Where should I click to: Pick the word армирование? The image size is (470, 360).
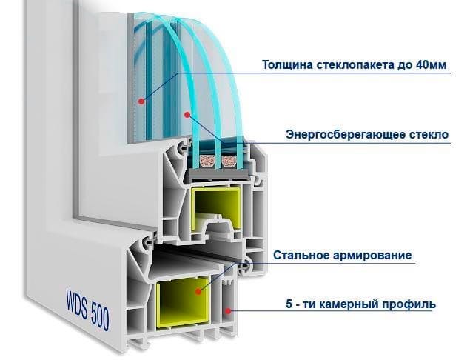point(372,256)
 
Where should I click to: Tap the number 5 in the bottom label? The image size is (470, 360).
point(289,304)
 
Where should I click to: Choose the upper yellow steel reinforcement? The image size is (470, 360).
point(215,204)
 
